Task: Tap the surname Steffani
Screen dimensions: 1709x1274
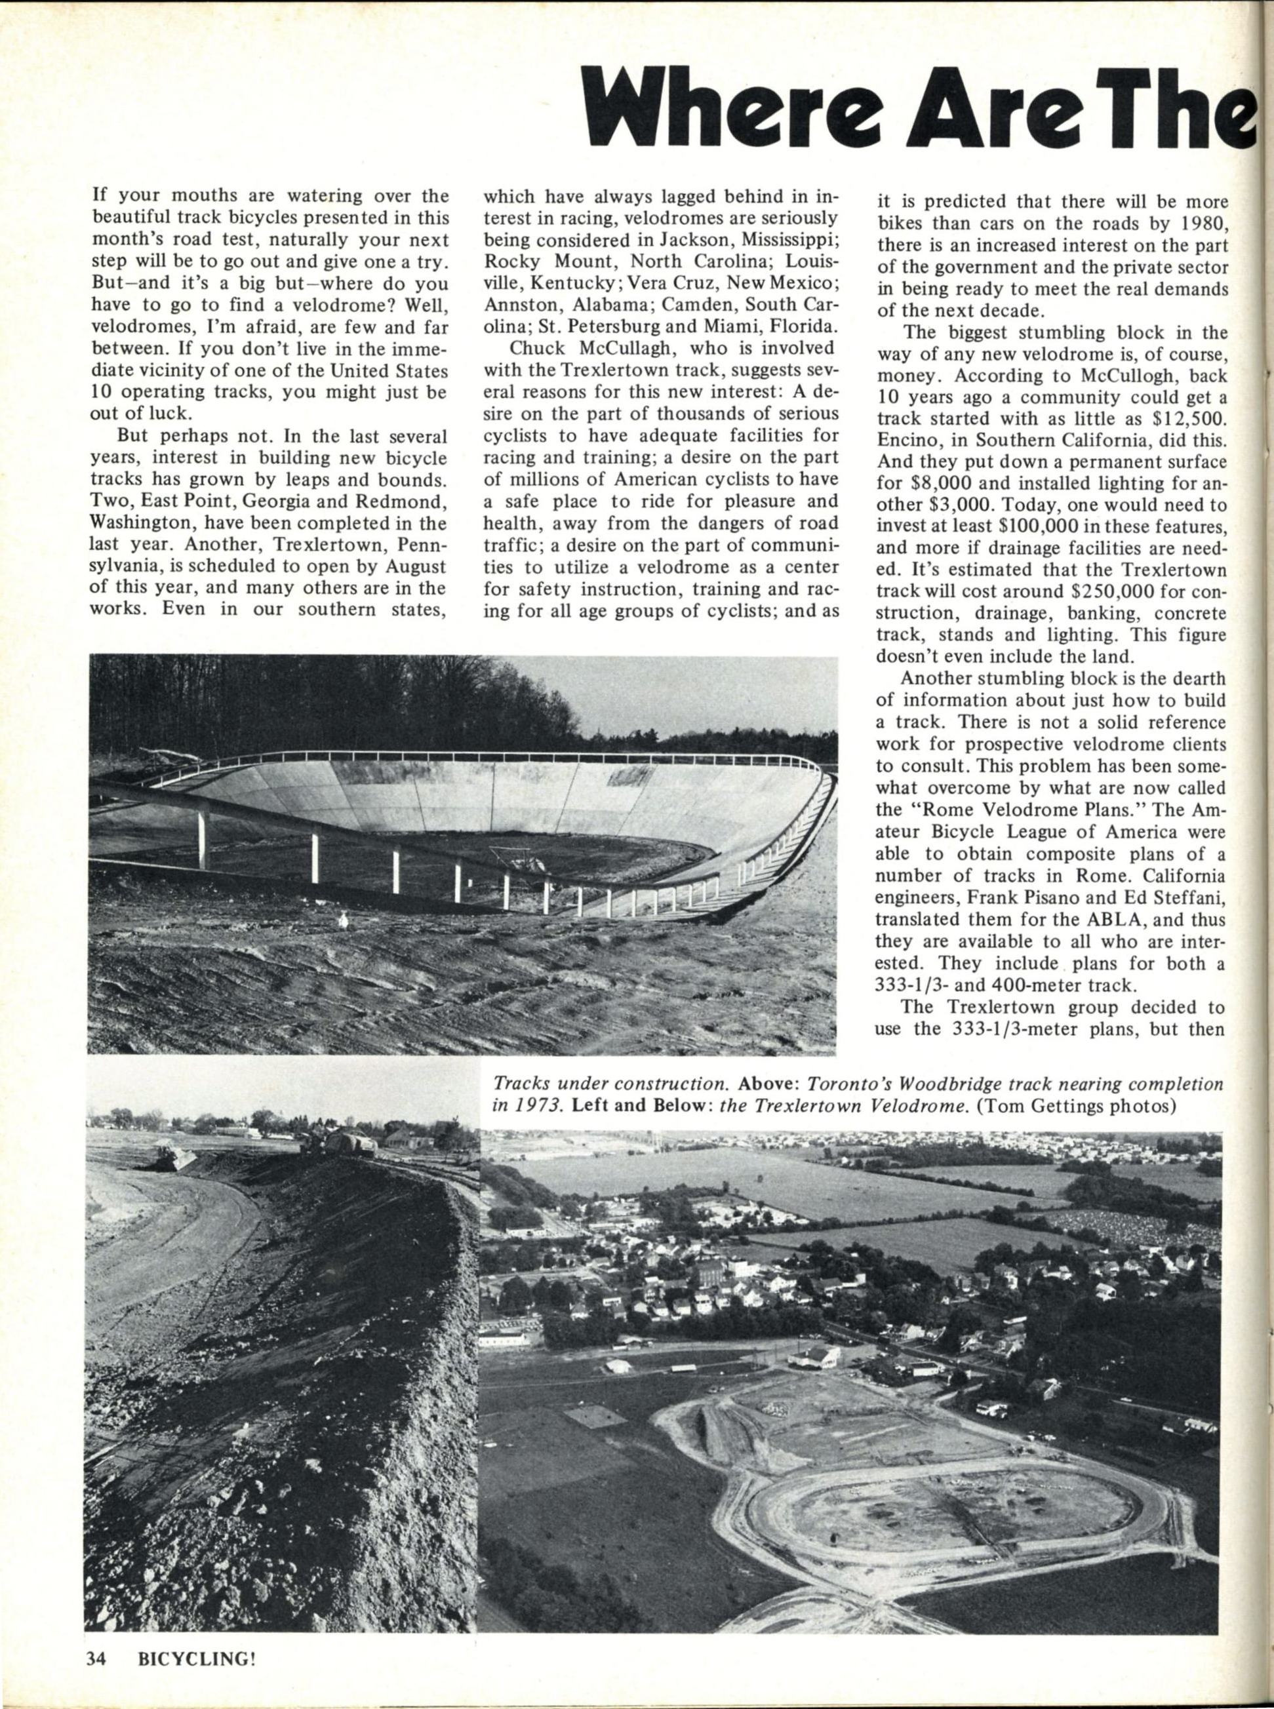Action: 1192,899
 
